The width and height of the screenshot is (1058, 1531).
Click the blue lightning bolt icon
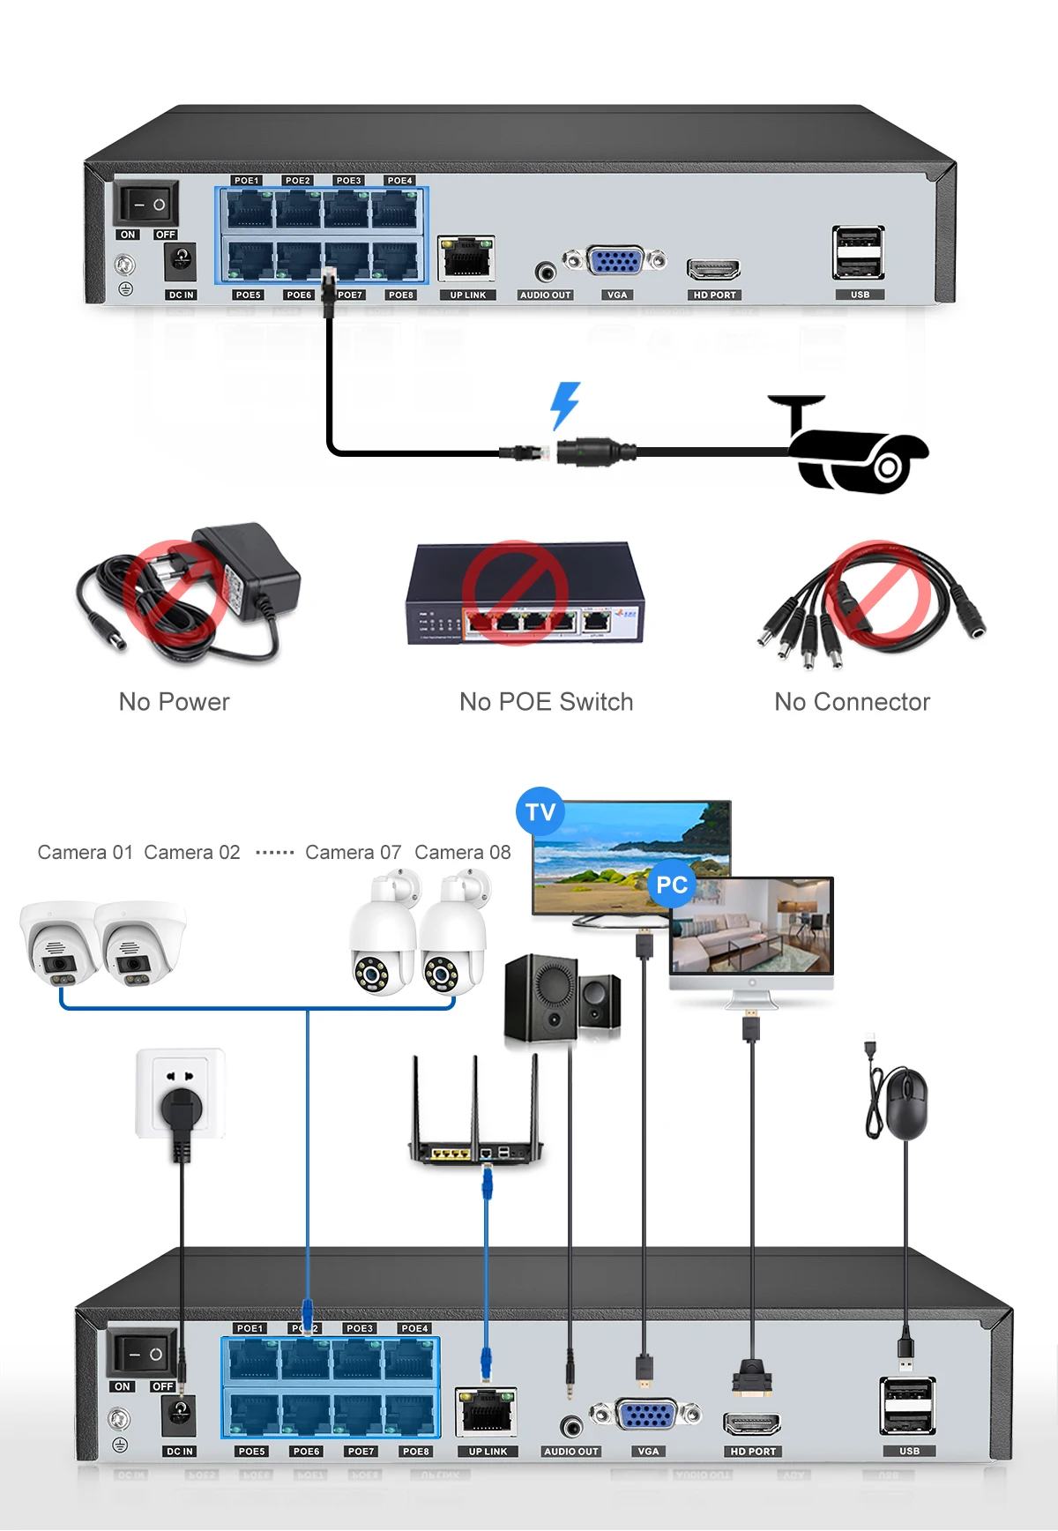pyautogui.click(x=565, y=405)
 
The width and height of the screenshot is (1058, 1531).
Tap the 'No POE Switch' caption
pyautogui.click(x=546, y=702)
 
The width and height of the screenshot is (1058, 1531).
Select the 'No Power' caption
pyautogui.click(x=174, y=702)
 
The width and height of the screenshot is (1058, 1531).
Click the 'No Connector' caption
pyautogui.click(x=852, y=702)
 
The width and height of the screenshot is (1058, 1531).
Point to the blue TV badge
pyautogui.click(x=540, y=811)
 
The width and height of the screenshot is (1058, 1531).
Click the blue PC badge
pyautogui.click(x=672, y=885)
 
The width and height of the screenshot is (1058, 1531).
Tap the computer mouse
pyautogui.click(x=905, y=1103)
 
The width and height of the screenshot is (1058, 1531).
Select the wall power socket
pyautogui.click(x=181, y=1094)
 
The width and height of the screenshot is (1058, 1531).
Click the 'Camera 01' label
pyautogui.click(x=85, y=853)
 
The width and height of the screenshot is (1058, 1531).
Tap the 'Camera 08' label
pyautogui.click(x=462, y=853)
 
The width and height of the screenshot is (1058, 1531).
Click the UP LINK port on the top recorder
pyautogui.click(x=466, y=258)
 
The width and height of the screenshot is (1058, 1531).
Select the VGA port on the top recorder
pyautogui.click(x=615, y=261)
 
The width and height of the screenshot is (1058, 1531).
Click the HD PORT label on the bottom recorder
pyautogui.click(x=753, y=1451)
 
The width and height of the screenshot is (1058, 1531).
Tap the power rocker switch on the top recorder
pyautogui.click(x=146, y=205)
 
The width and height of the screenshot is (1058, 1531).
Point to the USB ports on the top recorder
pyautogui.click(x=858, y=252)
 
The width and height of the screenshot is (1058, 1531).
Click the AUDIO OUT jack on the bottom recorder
pyautogui.click(x=571, y=1425)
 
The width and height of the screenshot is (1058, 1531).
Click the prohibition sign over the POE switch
pyautogui.click(x=515, y=592)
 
